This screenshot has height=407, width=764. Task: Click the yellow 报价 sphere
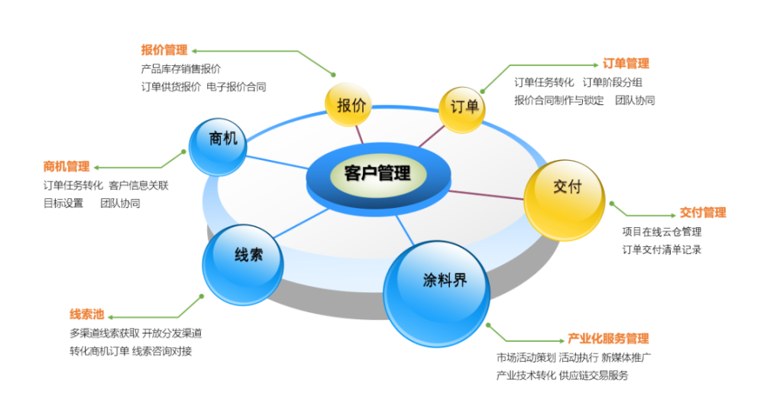348,105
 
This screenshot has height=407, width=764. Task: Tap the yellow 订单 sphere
462,109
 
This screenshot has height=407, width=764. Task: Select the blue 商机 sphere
218,147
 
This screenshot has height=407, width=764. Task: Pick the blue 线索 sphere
243,265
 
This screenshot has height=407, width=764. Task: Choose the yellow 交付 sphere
565,200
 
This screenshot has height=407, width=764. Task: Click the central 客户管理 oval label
378,174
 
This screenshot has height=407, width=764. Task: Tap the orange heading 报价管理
164,50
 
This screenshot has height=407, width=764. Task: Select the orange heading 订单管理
626,63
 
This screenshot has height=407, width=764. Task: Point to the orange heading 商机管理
66,167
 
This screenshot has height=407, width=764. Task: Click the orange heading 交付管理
703,212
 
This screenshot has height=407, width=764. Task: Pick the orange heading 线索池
87,314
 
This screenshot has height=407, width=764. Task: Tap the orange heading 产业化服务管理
608,339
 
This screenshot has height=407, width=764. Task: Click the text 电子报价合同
236,87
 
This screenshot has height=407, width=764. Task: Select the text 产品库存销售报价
181,69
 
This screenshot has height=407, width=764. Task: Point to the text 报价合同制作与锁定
559,100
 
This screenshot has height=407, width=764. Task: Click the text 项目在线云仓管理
662,231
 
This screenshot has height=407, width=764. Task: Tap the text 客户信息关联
139,185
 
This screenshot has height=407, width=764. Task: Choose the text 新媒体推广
626,358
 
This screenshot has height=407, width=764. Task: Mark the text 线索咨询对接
162,351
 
